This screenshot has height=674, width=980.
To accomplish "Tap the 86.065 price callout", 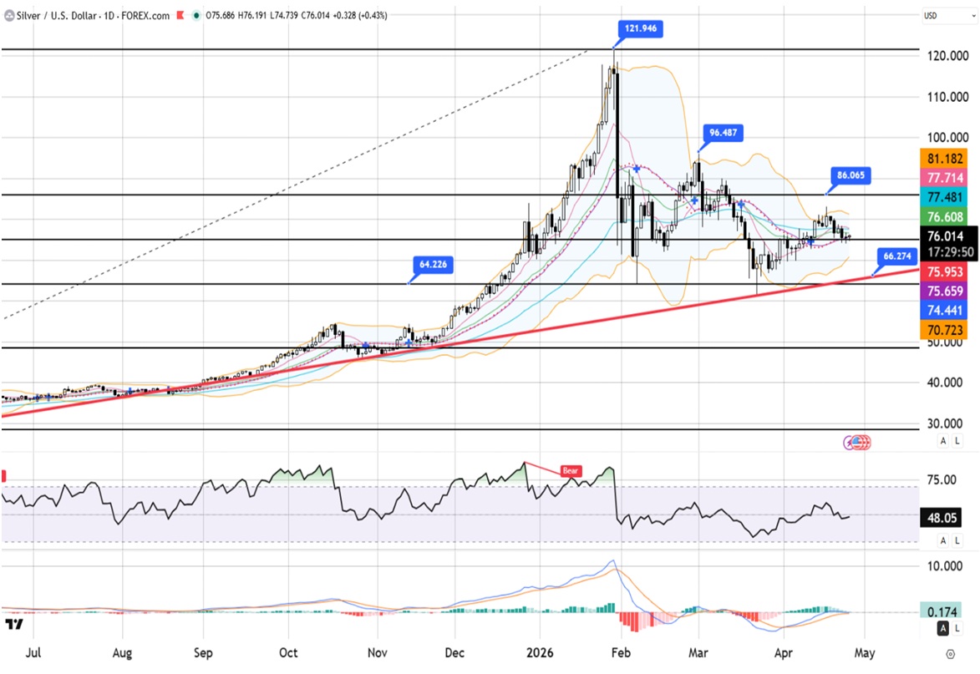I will coord(851,175).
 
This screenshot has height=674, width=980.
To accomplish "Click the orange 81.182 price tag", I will coord(944,159).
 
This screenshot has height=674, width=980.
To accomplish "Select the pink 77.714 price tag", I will coord(944,178).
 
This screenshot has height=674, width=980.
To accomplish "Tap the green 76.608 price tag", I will coord(944,217).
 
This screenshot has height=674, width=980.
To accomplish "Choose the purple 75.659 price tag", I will coord(944,291).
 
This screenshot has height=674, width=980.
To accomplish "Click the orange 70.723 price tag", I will coord(944,331).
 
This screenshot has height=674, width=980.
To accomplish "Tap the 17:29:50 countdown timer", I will coord(944,252).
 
